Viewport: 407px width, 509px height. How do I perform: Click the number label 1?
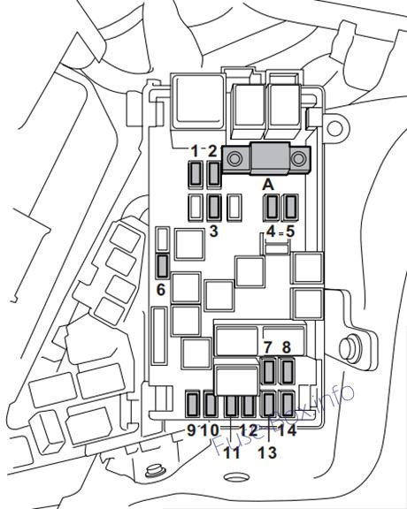click(x=195, y=151)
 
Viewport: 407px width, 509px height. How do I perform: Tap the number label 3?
click(x=213, y=232)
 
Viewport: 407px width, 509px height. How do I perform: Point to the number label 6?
click(x=161, y=290)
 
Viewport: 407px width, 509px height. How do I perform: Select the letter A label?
click(x=268, y=185)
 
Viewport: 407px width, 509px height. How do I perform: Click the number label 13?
click(x=267, y=452)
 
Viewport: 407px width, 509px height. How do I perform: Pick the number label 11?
click(x=232, y=452)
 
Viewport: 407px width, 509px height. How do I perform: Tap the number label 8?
click(x=286, y=347)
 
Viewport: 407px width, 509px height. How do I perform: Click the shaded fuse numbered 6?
click(x=163, y=267)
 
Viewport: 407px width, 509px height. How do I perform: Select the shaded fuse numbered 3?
click(x=214, y=207)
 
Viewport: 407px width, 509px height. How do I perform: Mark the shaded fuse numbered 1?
click(x=196, y=175)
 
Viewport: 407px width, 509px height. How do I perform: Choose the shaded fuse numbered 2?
click(x=214, y=175)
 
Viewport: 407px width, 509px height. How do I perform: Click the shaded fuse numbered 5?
click(x=291, y=207)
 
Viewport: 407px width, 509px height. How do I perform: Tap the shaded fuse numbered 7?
click(x=268, y=371)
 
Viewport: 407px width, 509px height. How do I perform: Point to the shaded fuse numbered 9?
click(x=193, y=404)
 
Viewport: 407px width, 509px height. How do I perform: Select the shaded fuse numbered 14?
click(x=288, y=404)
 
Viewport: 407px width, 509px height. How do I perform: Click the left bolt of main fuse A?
click(x=234, y=159)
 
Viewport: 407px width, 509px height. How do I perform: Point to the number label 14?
click(x=288, y=430)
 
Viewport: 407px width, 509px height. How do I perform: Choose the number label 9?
click(x=191, y=430)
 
